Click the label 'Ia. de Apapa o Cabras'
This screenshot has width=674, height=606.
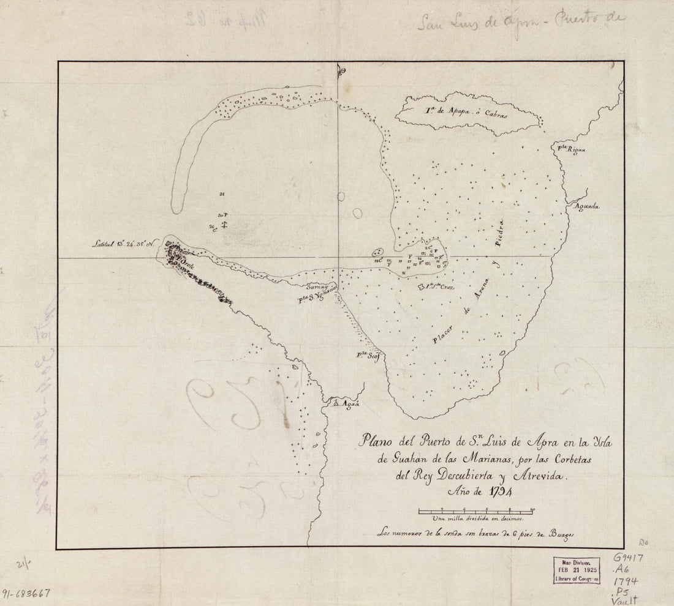click(464, 112)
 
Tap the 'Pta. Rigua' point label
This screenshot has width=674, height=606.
click(570, 149)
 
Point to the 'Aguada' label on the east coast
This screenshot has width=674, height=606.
click(586, 206)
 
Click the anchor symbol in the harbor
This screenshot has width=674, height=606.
click(225, 224)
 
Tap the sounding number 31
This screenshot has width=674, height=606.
click(221, 195)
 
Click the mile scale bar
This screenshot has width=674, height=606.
click(476, 510)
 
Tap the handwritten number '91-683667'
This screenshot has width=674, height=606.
click(26, 593)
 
